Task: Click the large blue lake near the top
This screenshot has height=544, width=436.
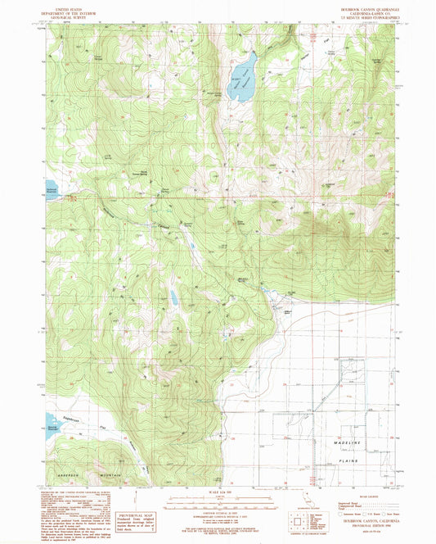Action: pos(242,79)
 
